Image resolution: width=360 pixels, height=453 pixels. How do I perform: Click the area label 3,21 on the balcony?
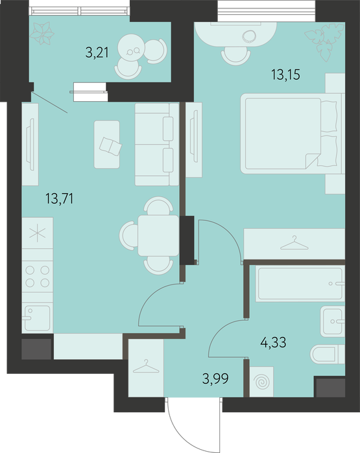point(97,53)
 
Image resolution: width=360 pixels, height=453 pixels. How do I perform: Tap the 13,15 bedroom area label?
point(285,75)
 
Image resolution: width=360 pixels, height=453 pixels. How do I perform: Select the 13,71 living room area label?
point(59,199)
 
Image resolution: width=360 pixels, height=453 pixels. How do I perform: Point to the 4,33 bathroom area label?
point(273,342)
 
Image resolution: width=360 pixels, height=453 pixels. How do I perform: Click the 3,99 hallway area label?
point(215,378)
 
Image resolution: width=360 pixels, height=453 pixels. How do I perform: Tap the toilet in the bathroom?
point(328,354)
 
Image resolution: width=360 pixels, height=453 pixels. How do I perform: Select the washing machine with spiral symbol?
point(261,382)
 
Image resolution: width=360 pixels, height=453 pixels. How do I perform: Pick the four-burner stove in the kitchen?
point(38,277)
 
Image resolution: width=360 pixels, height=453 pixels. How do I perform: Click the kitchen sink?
point(38,318)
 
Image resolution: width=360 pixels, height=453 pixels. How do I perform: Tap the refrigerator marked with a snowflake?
point(38,233)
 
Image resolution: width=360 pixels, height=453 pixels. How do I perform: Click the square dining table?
point(158,235)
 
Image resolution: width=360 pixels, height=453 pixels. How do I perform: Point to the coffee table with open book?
point(106,145)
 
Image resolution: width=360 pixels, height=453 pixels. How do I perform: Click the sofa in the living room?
point(157,145)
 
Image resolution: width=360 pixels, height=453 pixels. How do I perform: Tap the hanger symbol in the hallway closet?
point(146,366)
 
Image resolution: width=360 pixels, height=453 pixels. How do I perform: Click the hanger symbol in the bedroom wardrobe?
point(294,242)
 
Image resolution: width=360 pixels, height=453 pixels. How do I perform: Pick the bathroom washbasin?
point(333,321)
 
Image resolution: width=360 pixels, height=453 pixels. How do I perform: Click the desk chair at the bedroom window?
point(235,56)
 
